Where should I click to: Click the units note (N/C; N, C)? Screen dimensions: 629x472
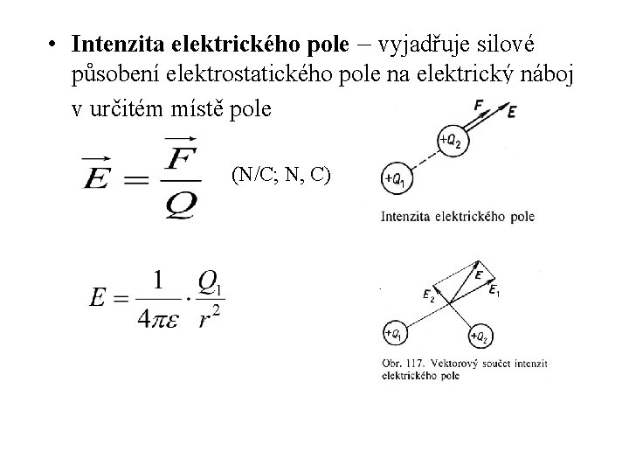click(280, 175)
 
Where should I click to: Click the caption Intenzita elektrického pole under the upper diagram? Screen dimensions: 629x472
click(458, 216)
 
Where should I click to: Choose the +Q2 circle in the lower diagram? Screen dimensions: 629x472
click(478, 335)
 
